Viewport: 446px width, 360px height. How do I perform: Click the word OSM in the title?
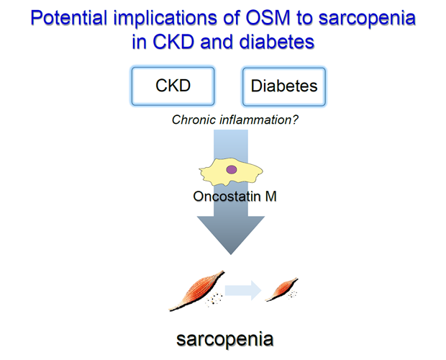[268, 18]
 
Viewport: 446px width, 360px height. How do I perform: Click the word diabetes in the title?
[276, 42]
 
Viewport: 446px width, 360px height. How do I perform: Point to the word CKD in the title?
[173, 42]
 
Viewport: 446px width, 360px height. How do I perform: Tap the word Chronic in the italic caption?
[194, 120]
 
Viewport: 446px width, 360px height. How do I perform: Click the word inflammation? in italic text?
[259, 120]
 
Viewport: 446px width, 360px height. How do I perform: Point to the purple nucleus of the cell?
[231, 170]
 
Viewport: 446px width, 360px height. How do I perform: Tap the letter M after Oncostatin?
[270, 197]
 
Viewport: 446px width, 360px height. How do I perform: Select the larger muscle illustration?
[196, 291]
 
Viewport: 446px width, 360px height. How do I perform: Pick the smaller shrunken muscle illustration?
[281, 289]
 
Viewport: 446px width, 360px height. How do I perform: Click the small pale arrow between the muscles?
[243, 290]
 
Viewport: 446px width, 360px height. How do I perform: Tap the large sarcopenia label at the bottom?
[224, 339]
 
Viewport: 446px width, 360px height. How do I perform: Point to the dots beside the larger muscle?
[214, 300]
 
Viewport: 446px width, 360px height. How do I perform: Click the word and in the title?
[217, 42]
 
